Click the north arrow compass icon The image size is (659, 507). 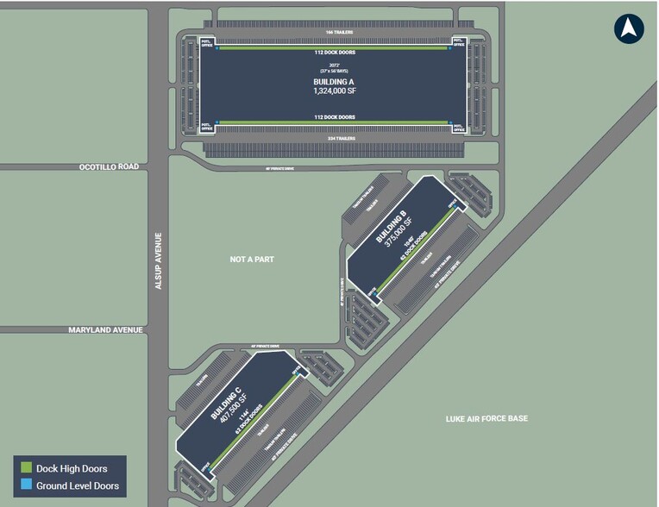tap(629, 28)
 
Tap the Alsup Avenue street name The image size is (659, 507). tap(158, 260)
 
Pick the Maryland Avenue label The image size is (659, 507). tap(105, 329)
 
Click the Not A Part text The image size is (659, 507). tap(252, 259)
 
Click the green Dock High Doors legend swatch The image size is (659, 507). tap(27, 468)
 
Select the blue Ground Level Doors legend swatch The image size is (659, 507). tap(27, 486)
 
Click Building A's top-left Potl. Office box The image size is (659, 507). tap(206, 42)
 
